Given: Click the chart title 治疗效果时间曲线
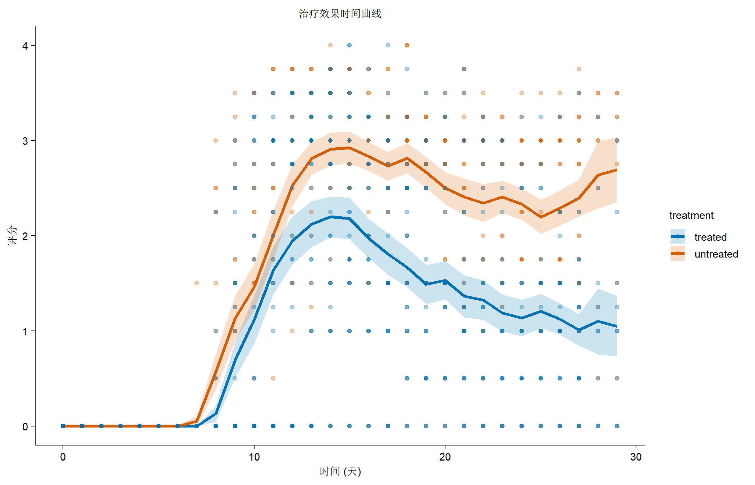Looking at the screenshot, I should point(340,14).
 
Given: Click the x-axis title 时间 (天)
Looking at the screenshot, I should point(340,471).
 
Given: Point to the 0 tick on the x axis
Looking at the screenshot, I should point(63,457).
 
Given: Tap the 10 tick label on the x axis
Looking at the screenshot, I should point(254,457).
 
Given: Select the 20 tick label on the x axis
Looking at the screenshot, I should point(445,457).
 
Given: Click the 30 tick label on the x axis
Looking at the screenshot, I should point(636,457).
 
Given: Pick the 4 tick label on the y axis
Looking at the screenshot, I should point(25,46).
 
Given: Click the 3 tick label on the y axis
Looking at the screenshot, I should point(25,141).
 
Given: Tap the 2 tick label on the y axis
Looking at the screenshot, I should point(25,236).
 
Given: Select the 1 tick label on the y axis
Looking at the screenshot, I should point(25,331).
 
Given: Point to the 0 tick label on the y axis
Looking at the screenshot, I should point(25,426).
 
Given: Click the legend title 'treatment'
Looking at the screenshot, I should point(691,215).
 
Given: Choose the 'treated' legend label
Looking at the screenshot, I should point(710,237).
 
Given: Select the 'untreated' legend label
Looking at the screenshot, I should point(716,254).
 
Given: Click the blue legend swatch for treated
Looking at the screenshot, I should point(678,237).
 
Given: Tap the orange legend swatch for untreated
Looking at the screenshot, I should point(678,254).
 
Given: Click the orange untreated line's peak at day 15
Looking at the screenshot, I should point(349,148).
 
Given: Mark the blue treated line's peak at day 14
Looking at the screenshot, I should point(330,217).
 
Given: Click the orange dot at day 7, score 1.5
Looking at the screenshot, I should point(197,283).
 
